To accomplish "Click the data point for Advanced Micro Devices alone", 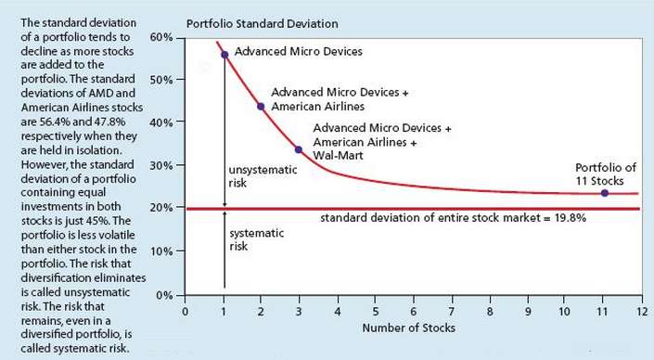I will [224, 55].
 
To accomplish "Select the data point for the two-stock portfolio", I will [262, 106].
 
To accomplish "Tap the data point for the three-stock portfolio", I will [299, 149].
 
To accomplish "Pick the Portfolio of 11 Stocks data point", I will [605, 193].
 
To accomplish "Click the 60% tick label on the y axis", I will [161, 36].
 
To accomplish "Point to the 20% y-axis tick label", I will [161, 209].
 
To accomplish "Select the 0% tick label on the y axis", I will [165, 295].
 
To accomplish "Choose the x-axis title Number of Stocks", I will [413, 329].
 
